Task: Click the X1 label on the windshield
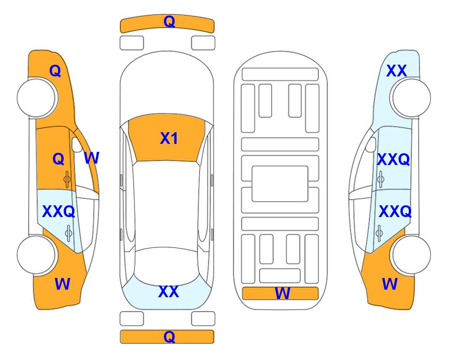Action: coord(169,138)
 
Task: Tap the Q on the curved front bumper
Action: coord(170,22)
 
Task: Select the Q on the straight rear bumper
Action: coord(170,337)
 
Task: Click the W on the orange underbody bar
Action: coord(282,293)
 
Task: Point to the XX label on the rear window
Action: coord(169,292)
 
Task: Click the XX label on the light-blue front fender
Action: coord(396,71)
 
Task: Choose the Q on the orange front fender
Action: coord(55,71)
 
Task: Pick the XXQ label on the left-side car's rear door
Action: coord(59,211)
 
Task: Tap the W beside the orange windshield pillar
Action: coord(91,158)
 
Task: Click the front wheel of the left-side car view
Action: coord(36,97)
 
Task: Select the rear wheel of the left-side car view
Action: coord(36,255)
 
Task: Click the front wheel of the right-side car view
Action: coord(411,97)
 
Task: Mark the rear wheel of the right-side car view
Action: coord(411,255)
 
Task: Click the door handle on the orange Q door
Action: coord(67,179)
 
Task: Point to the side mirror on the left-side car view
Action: coord(77,145)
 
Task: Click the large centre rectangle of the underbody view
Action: coord(280,184)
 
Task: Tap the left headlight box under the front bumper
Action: coord(132,43)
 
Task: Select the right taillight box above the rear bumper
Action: coord(203,319)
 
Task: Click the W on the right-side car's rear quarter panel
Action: coord(390,284)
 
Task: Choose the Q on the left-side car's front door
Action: coord(59,159)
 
